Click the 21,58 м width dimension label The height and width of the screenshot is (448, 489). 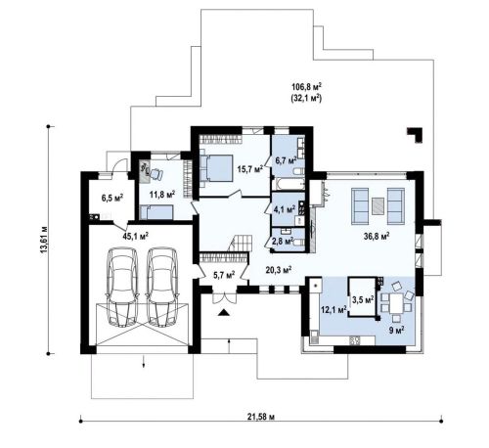261,417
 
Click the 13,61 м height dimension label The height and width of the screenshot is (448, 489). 44,239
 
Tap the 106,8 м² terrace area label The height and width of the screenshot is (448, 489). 306,87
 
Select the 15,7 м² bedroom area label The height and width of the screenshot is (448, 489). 250,169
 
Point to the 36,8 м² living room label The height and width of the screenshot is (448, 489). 377,236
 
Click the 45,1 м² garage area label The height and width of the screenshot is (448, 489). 136,236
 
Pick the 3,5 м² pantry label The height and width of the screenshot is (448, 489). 363,298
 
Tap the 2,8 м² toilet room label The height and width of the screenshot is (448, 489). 283,241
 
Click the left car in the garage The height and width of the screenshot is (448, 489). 122,287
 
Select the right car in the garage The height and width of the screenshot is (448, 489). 161,287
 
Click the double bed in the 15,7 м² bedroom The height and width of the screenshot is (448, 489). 216,168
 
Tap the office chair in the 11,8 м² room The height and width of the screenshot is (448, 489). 155,174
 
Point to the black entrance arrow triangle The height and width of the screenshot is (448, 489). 223,313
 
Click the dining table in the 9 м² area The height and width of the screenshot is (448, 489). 396,302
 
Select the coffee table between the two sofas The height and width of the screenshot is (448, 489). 378,206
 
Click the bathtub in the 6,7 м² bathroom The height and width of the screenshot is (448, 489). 289,184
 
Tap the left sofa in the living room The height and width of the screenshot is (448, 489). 360,206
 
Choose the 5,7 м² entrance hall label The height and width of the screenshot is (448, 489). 224,275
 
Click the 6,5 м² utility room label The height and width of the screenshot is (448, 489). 111,198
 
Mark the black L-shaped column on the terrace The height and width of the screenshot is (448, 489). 417,134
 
